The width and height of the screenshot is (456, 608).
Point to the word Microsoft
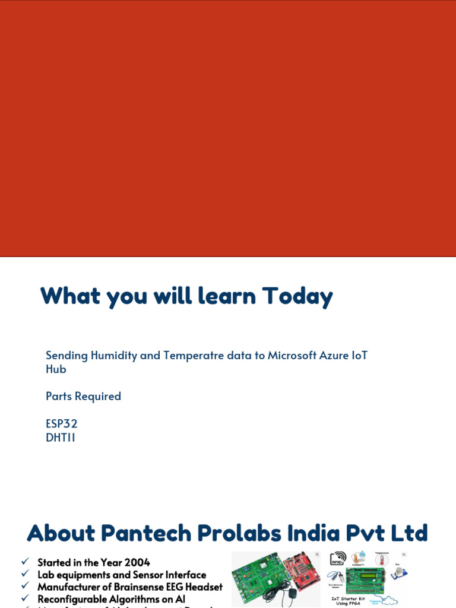coord(294,355)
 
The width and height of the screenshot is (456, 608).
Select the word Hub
coord(56,369)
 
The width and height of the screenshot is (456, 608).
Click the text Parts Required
coord(83,396)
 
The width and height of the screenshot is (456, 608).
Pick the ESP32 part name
coord(62,424)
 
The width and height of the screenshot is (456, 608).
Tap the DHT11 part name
coord(61,438)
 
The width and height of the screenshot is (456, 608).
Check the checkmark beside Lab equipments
coord(25,574)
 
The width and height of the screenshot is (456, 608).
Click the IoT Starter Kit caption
coord(349,601)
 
